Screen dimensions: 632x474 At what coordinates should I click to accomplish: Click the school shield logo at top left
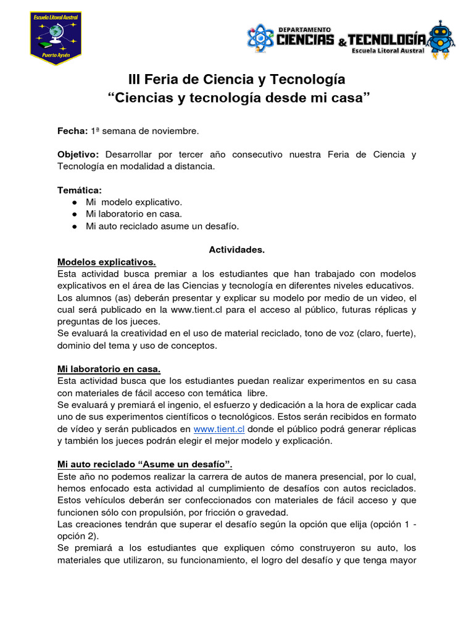56,38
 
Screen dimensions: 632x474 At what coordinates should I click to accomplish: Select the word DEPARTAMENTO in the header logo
304,29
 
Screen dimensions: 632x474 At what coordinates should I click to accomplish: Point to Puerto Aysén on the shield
56,53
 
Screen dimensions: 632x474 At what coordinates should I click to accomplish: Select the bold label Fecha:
72,131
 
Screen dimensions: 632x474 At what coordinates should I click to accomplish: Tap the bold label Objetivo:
78,154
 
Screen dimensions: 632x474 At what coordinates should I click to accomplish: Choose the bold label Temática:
80,190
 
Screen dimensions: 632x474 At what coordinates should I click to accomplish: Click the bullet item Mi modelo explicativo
134,202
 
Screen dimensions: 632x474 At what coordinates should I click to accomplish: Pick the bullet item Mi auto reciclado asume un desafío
162,226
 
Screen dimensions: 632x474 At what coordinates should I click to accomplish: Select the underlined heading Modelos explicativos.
106,262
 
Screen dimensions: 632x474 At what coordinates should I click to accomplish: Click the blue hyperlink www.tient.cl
219,429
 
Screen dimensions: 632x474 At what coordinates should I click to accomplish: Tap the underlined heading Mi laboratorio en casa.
109,369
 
